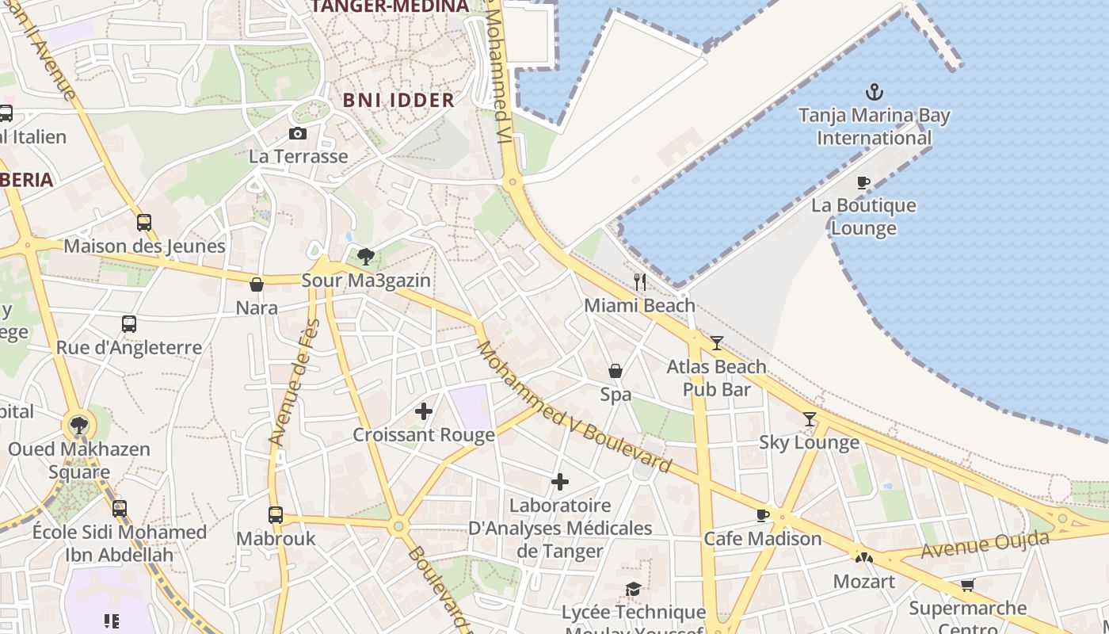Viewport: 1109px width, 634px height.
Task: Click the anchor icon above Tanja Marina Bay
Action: [x=874, y=92]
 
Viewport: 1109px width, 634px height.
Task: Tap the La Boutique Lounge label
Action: [x=863, y=216]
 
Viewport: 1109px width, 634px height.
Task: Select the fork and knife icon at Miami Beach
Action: [x=640, y=281]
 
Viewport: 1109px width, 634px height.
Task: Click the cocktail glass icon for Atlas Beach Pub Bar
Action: [x=717, y=342]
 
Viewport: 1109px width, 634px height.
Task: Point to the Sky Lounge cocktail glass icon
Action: [x=810, y=418]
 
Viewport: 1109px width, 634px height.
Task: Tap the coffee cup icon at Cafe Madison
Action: [x=763, y=515]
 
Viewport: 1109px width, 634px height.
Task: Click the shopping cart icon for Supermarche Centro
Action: [x=967, y=585]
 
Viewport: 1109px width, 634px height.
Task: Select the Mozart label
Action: [x=863, y=581]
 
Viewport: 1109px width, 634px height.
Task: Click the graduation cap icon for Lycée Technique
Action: [x=633, y=589]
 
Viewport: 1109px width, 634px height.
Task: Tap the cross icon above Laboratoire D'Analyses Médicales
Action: [x=560, y=482]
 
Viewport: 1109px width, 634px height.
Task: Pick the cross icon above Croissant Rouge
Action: [x=424, y=411]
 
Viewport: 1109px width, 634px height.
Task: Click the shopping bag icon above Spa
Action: [x=615, y=371]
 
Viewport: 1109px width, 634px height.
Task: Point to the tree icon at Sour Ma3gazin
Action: [x=366, y=256]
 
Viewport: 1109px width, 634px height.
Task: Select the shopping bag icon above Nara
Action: [x=257, y=285]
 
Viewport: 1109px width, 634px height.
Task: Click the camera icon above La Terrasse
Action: [x=298, y=133]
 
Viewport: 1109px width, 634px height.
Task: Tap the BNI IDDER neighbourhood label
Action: [x=398, y=100]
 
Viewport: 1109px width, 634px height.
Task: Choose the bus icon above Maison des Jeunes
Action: [x=144, y=223]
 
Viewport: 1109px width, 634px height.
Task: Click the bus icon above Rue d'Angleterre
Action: [x=129, y=324]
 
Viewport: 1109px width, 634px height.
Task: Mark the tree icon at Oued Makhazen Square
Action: [x=78, y=426]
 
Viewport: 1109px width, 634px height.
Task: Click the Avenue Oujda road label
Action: [x=985, y=545]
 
